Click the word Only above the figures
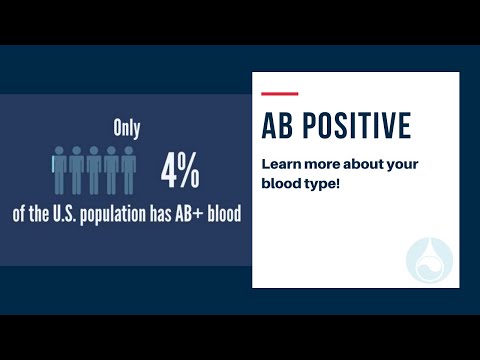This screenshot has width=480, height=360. (x=125, y=129)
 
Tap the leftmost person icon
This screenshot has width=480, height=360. (x=59, y=169)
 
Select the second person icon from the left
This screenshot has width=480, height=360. (x=76, y=169)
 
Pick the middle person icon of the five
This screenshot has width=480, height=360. (x=93, y=169)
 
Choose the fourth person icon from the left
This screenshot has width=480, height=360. (x=110, y=169)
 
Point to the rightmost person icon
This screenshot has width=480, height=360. (x=127, y=169)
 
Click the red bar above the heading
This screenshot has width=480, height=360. (x=279, y=94)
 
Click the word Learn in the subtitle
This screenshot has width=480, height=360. (x=280, y=163)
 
